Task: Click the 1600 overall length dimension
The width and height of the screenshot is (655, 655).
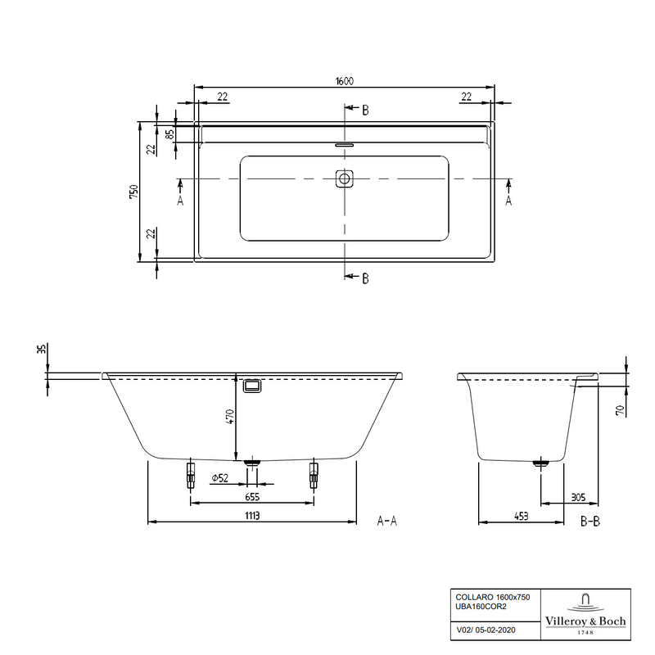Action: point(345,81)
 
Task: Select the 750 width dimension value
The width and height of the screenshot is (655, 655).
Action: point(133,192)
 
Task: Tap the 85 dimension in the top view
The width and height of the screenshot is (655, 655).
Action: point(169,134)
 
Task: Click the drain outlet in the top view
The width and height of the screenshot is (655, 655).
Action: point(345,179)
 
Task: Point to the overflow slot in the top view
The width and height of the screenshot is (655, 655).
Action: point(345,146)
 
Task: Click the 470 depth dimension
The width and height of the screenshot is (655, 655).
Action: point(230,417)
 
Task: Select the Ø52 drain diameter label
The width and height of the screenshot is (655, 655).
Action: point(220,478)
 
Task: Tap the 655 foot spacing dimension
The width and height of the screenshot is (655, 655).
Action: point(252,497)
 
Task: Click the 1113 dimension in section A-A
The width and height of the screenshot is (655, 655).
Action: point(252,516)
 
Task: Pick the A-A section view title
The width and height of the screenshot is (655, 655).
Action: point(386,521)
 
